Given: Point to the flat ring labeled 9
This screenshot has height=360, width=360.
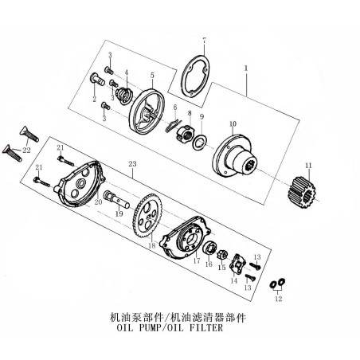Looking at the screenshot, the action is click(200, 142).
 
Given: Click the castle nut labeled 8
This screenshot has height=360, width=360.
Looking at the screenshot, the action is click(185, 132).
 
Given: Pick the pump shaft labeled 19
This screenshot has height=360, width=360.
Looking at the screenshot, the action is click(115, 198).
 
